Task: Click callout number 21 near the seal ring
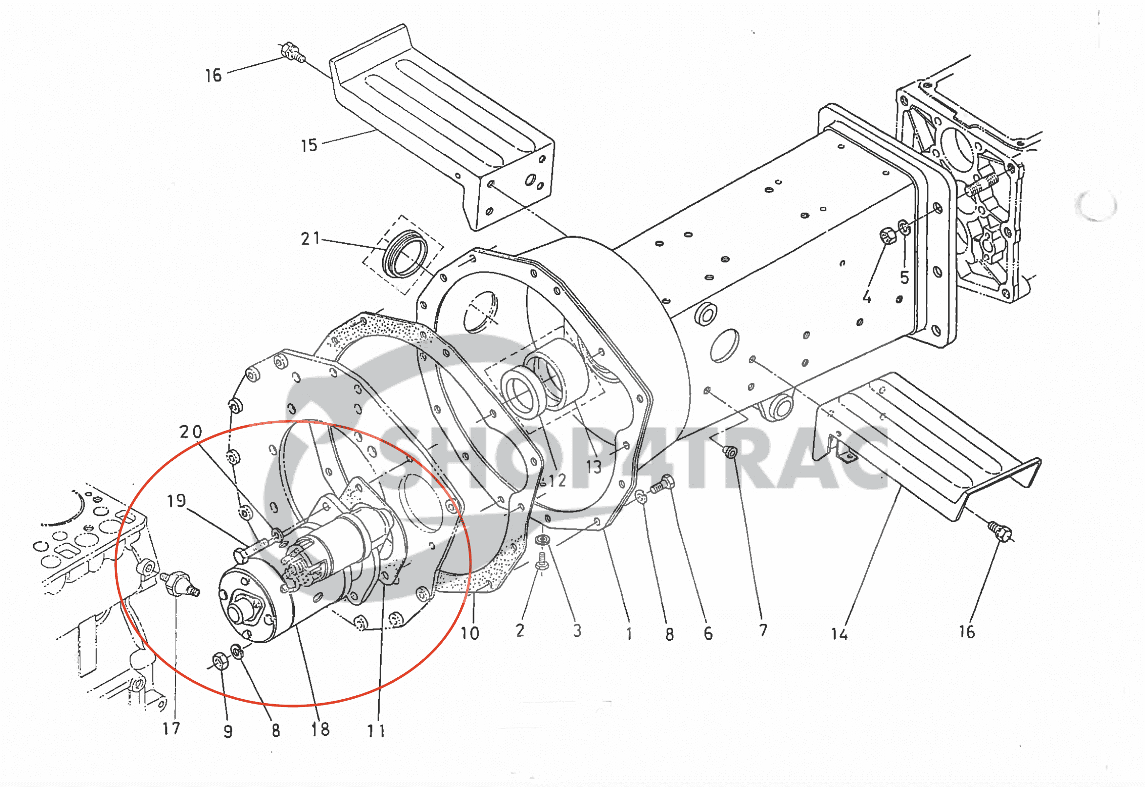[310, 238]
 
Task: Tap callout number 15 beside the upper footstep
[309, 145]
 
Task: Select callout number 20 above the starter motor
[190, 432]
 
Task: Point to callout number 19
[176, 501]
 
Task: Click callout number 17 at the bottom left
[171, 728]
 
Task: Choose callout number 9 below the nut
[227, 731]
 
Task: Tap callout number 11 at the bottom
[376, 730]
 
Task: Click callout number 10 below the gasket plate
[470, 633]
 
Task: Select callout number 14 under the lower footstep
[839, 633]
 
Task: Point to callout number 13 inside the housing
[593, 467]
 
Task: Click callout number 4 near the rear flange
[867, 297]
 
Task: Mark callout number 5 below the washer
[904, 277]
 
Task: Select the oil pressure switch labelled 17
[179, 582]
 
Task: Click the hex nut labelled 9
[219, 661]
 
